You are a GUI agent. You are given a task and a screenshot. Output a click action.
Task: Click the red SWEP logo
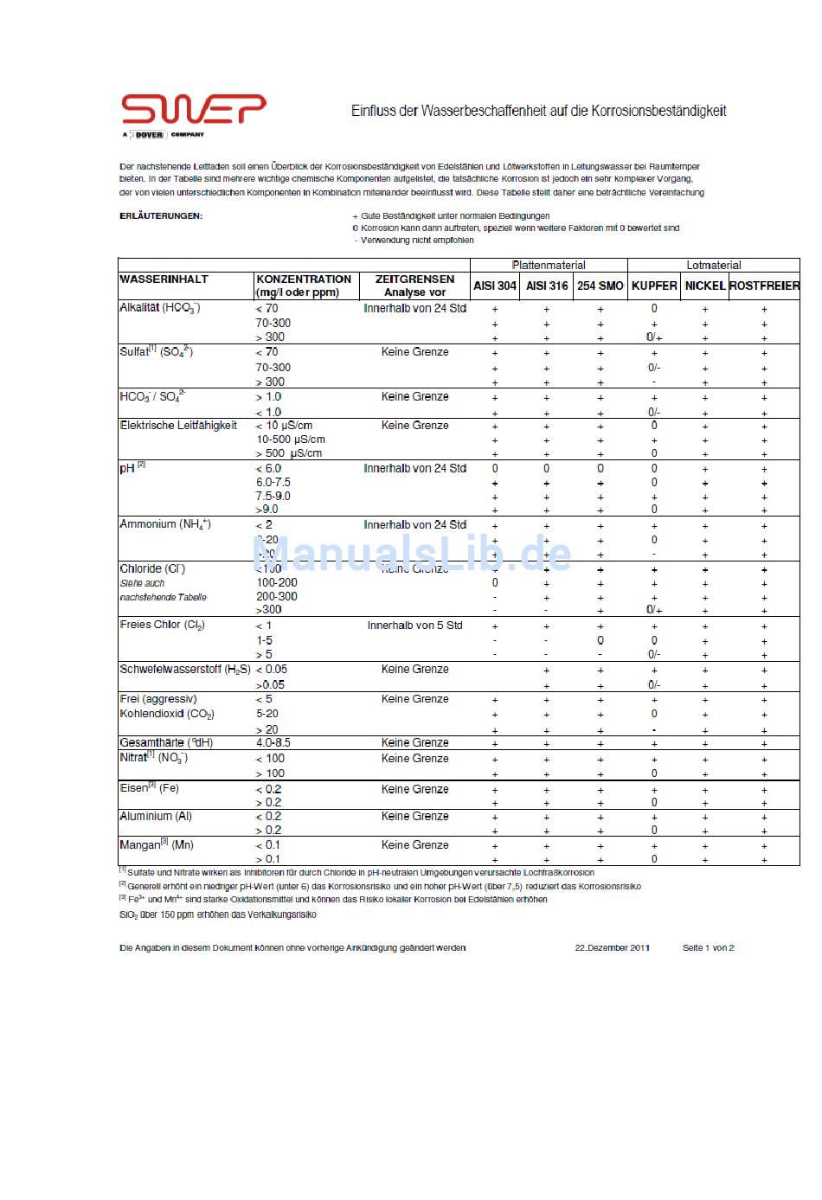[x=193, y=110]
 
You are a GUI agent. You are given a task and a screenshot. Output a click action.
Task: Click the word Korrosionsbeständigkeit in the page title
[x=658, y=111]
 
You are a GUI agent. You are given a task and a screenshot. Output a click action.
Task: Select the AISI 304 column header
[x=495, y=286]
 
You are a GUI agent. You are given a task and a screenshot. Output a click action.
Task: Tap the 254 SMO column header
[x=600, y=286]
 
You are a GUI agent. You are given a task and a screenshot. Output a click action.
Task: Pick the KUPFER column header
[x=654, y=286]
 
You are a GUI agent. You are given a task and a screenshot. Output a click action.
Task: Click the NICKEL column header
[x=704, y=286]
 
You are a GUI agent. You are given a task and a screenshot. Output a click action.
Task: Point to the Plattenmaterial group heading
[x=549, y=266]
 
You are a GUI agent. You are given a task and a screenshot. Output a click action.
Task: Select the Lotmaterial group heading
[x=714, y=266]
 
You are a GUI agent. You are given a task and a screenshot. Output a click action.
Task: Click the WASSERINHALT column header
[x=164, y=279]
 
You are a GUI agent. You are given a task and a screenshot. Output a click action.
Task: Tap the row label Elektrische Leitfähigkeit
[x=178, y=426]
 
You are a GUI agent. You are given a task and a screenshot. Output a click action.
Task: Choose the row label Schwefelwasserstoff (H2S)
[x=185, y=670]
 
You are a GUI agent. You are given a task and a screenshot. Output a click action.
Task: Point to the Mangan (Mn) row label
[x=157, y=845]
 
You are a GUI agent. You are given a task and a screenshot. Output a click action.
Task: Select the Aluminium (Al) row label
[x=156, y=817]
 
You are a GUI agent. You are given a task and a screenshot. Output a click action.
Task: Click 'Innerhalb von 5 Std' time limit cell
[x=414, y=626]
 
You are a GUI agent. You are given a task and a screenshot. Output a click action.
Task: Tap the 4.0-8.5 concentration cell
[x=273, y=743]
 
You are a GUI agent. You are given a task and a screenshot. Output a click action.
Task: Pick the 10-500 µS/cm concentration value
[x=291, y=440]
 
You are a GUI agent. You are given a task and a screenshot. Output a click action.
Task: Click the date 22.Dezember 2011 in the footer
[x=613, y=948]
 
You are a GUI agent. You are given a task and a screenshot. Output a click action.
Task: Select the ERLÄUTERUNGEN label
[x=161, y=216]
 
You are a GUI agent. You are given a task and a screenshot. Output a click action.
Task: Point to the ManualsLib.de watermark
[x=412, y=554]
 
